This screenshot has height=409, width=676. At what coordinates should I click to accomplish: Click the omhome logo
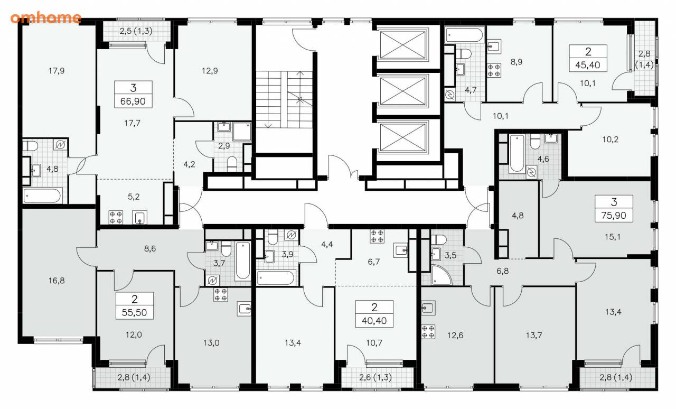tap(46, 18)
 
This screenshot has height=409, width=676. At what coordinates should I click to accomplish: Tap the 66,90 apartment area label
tap(133, 101)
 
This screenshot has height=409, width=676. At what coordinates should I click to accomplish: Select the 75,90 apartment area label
tap(614, 216)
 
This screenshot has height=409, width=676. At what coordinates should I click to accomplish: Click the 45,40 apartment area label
tap(588, 65)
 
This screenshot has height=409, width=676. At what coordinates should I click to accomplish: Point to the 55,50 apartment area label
tap(134, 312)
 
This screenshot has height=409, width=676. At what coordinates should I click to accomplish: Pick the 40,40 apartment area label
tap(374, 321)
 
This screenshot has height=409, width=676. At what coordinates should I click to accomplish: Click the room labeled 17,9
tap(57, 71)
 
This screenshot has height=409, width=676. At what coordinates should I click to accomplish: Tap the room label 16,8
tap(57, 281)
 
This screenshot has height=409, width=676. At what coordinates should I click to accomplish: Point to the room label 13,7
tap(534, 336)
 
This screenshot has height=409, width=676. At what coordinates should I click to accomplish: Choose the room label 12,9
tap(210, 71)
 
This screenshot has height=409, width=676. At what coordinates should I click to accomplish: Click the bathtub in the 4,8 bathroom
tap(43, 196)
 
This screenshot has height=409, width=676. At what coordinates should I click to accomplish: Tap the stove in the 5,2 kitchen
tap(116, 217)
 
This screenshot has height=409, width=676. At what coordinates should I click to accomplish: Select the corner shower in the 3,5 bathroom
tap(441, 275)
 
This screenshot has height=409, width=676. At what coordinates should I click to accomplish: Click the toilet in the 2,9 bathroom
tap(232, 164)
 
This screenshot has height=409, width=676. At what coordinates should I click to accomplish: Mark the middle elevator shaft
tap(402, 91)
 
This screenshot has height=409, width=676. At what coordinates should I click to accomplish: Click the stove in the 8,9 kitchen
tap(494, 70)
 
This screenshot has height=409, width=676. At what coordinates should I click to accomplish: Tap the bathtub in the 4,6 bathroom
tap(517, 153)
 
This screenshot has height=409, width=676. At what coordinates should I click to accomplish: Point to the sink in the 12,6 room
tap(428, 308)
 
